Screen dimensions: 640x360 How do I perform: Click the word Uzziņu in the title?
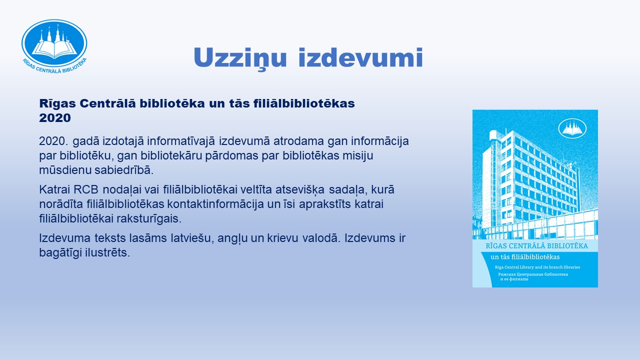(240, 58)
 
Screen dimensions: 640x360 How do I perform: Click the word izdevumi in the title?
(360, 57)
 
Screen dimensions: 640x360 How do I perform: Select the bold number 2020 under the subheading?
(55, 117)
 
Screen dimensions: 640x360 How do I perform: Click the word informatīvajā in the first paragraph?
(180, 141)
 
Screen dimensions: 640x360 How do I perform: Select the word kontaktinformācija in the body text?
(215, 204)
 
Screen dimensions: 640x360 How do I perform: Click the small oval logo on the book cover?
(572, 128)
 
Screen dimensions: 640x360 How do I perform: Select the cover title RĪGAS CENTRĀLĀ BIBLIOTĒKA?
(537, 246)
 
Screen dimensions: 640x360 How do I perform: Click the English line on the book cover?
(537, 267)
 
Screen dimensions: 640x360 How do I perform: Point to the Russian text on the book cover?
(533, 276)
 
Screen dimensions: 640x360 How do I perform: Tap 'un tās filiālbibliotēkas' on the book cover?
(525, 257)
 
